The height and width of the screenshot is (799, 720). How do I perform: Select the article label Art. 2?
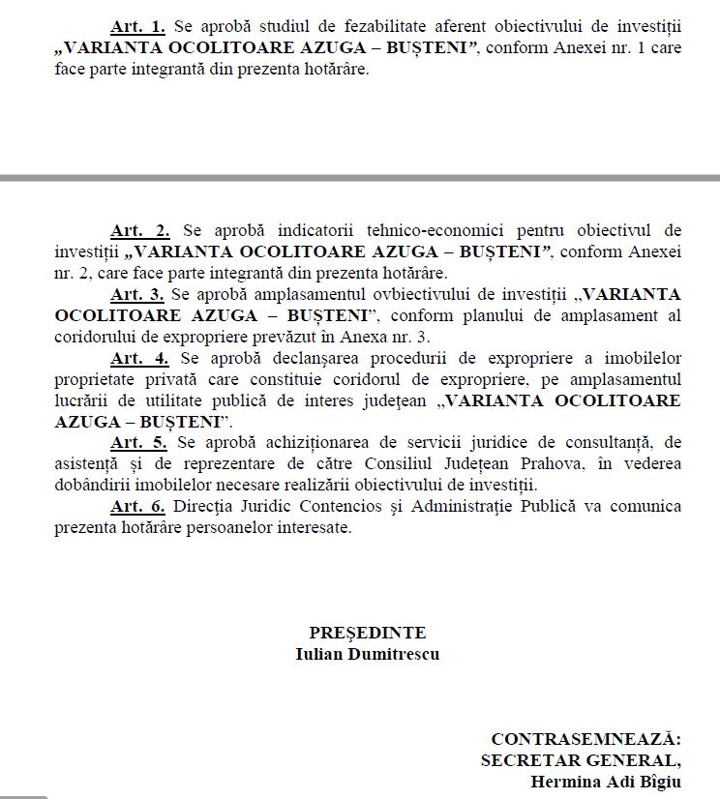pyautogui.click(x=140, y=230)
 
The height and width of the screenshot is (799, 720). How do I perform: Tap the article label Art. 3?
pyautogui.click(x=136, y=293)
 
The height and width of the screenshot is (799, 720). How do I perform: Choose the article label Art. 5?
pyautogui.click(x=139, y=442)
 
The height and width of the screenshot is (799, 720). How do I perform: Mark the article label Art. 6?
pyautogui.click(x=137, y=506)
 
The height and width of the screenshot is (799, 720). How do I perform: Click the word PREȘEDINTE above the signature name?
pyautogui.click(x=368, y=633)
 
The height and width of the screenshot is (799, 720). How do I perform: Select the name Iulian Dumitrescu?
pyautogui.click(x=368, y=653)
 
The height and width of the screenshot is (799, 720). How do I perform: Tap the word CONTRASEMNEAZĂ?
pyautogui.click(x=585, y=738)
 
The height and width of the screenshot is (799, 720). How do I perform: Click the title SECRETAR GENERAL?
pyautogui.click(x=581, y=759)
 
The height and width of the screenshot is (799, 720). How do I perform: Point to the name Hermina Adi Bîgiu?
pyautogui.click(x=606, y=781)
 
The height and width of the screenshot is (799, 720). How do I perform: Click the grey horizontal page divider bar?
pyautogui.click(x=360, y=178)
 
